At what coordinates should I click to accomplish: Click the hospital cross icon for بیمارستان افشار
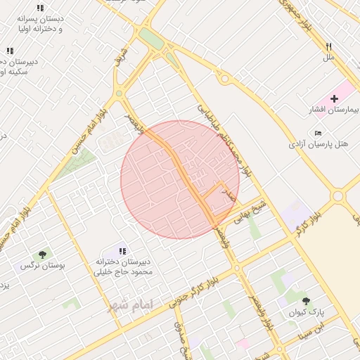pyautogui.click(x=333, y=98)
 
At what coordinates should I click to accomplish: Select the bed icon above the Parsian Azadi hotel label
pyautogui.click(x=319, y=133)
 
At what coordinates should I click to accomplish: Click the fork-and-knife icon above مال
pyautogui.click(x=328, y=46)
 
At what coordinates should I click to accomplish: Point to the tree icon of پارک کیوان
pyautogui.click(x=305, y=300)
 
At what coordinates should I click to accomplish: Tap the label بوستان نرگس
pyautogui.click(x=42, y=266)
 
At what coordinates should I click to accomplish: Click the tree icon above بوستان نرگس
pyautogui.click(x=42, y=255)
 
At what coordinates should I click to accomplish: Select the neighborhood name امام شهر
pyautogui.click(x=129, y=305)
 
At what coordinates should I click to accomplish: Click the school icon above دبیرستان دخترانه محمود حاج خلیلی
pyautogui.click(x=122, y=251)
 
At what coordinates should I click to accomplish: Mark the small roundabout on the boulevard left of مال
pyautogui.click(x=225, y=79)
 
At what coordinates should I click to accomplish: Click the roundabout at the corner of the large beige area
pyautogui.click(x=338, y=196)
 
